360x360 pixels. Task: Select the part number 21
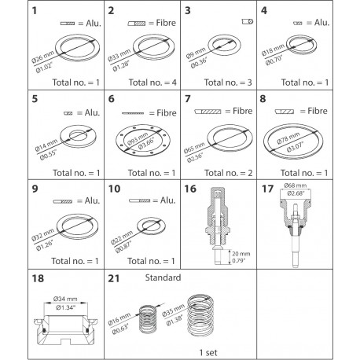116,279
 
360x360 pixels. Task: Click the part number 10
116,189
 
